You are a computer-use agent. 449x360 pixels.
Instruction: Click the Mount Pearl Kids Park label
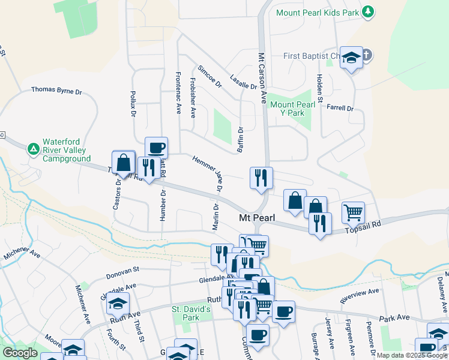point(316,12)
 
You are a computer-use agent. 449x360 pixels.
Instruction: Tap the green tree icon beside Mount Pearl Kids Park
point(369,12)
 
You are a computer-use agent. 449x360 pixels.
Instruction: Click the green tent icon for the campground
point(34,148)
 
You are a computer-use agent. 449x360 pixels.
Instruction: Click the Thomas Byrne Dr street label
point(56,90)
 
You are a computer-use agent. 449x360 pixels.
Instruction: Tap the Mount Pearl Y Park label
point(292,109)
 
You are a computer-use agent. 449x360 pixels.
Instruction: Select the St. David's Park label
point(191,313)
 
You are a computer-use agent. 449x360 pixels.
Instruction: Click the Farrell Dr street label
point(340,109)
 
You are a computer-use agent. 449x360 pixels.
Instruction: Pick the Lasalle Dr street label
point(244,82)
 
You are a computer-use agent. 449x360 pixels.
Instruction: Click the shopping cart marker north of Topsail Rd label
point(353,211)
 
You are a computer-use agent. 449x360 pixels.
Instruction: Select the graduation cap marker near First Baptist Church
point(351,57)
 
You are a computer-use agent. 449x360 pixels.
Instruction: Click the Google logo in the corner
point(20,353)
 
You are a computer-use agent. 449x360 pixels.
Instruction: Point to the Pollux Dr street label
point(133,105)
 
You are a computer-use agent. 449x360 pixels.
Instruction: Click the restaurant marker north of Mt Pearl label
point(261,177)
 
